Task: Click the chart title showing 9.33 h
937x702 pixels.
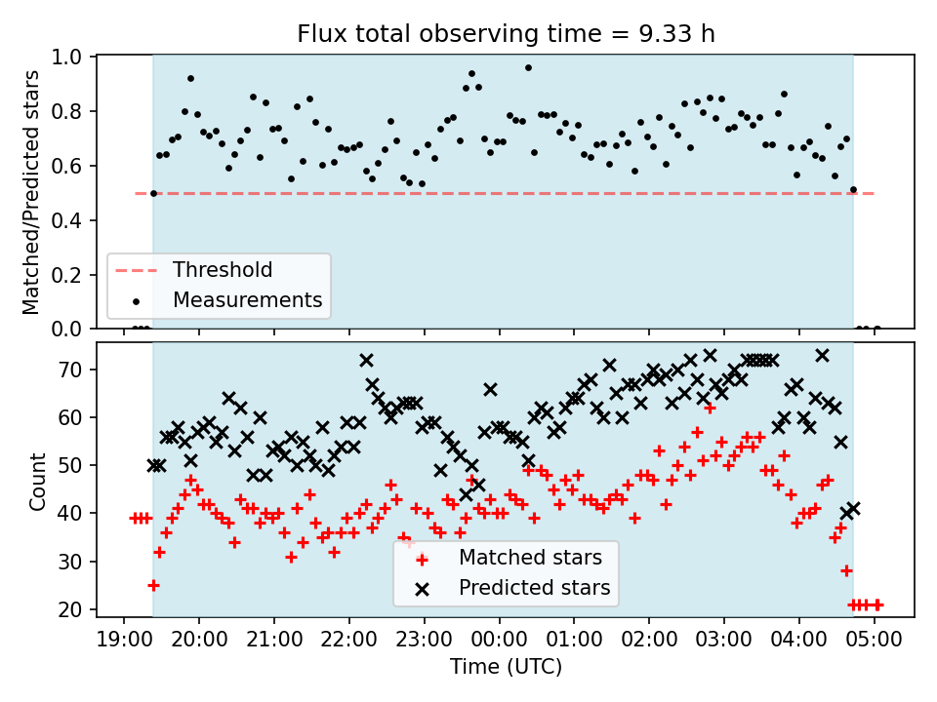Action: [x=506, y=34]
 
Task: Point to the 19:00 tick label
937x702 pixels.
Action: [x=124, y=640]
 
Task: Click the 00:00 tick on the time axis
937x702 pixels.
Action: [x=499, y=640]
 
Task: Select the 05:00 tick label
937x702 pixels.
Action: [x=875, y=640]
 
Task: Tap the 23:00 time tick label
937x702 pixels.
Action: [x=425, y=640]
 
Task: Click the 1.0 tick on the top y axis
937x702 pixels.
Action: [x=66, y=58]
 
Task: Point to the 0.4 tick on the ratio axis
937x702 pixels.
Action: [x=66, y=221]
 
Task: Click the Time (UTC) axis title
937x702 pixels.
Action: [x=506, y=666]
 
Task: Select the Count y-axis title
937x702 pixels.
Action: [x=37, y=481]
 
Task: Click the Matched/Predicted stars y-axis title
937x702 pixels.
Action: [x=30, y=192]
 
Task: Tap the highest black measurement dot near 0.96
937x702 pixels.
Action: [x=528, y=67]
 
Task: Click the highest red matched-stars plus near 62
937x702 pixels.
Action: [x=710, y=409]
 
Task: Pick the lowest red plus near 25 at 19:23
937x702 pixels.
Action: [x=153, y=586]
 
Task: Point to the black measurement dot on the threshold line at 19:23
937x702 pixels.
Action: [x=153, y=193]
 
